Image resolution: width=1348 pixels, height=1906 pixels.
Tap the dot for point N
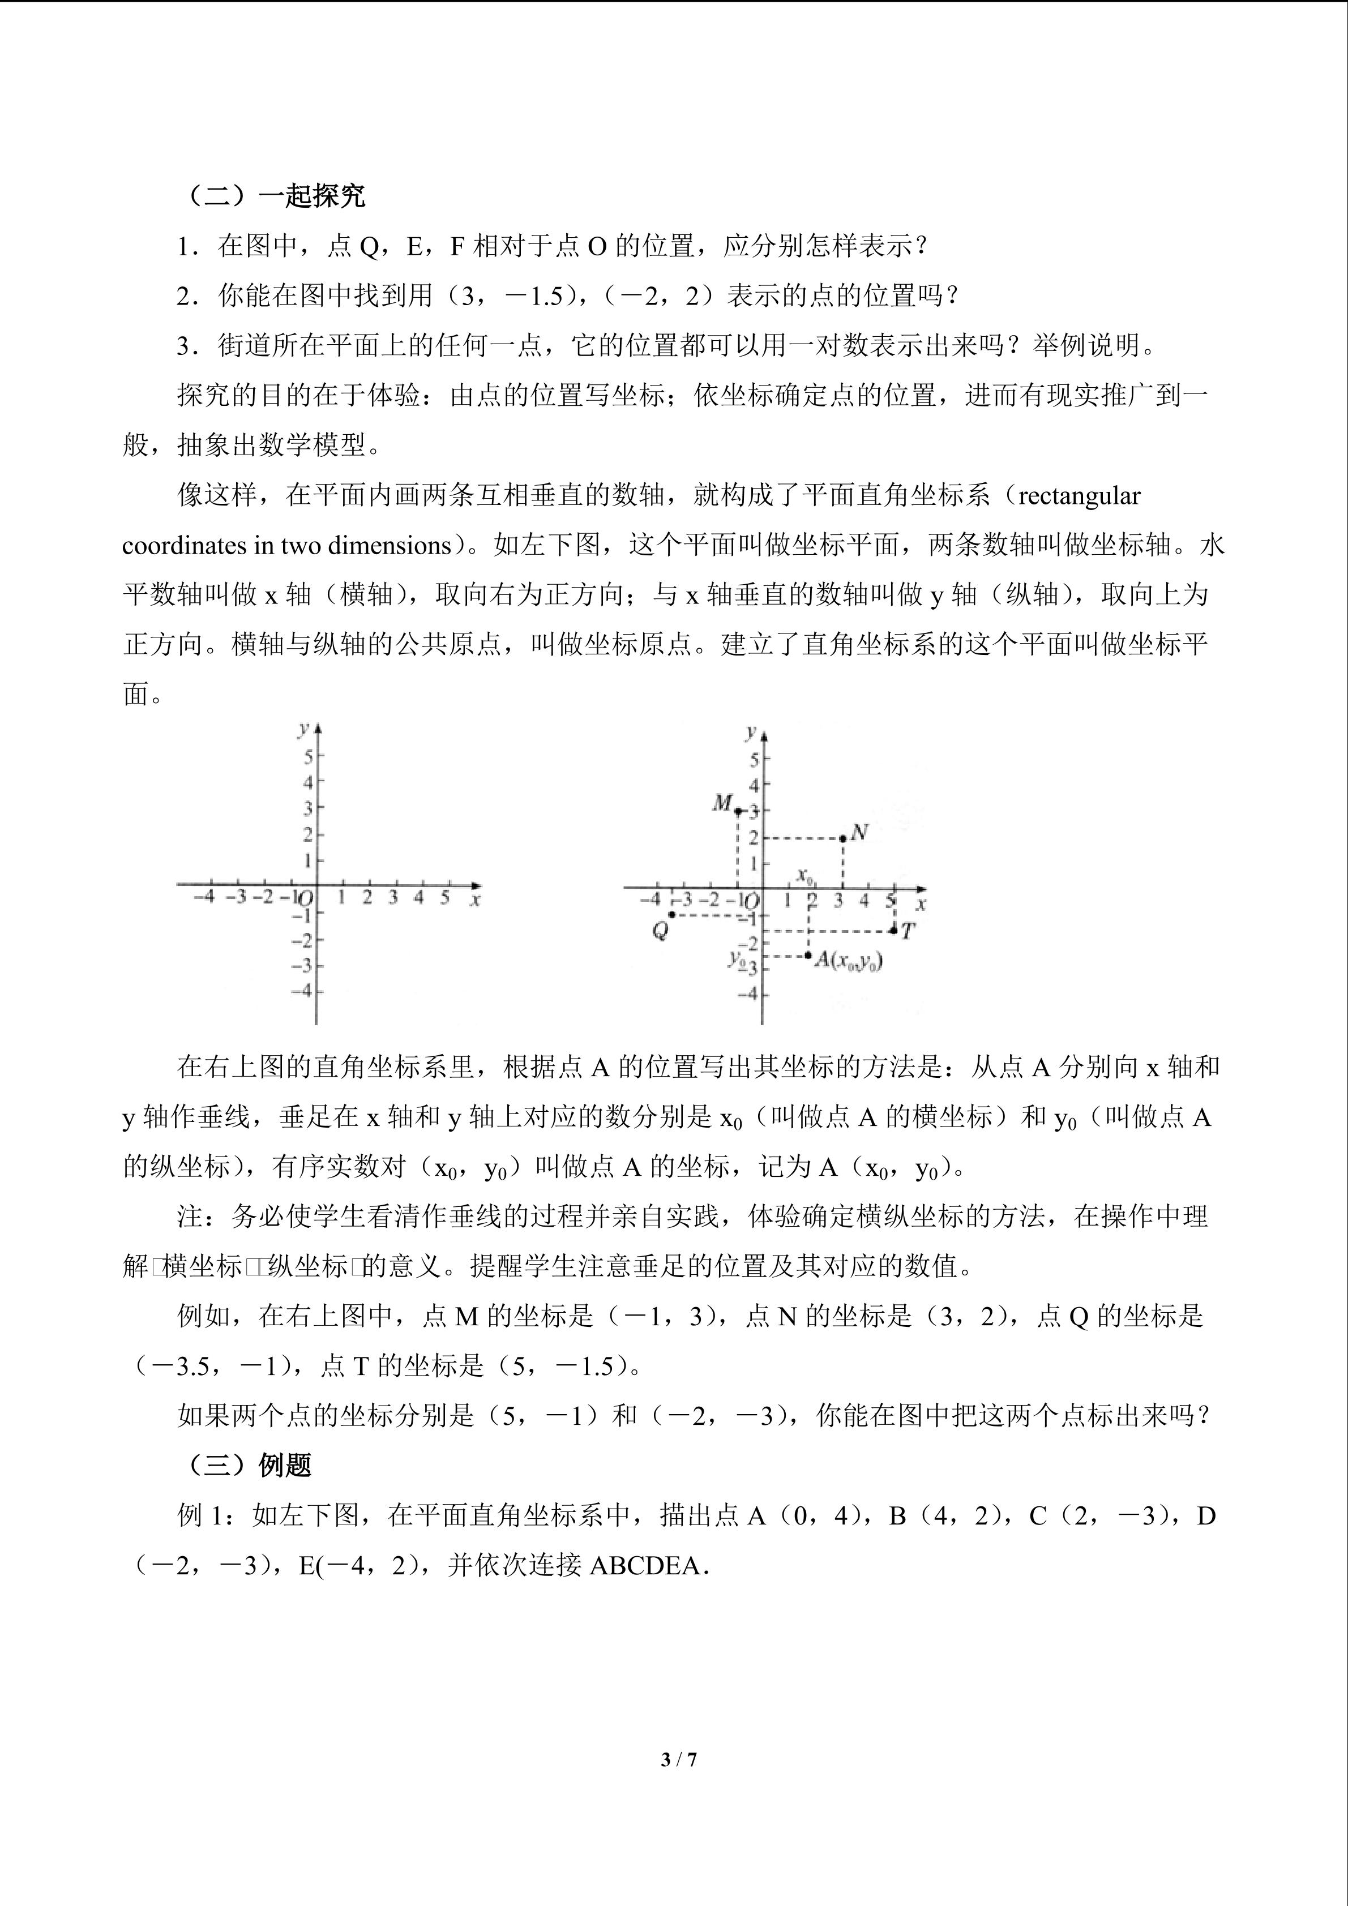842,838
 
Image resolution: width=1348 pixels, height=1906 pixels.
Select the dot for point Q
671,915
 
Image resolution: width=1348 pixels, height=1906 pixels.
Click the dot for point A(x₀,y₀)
808,956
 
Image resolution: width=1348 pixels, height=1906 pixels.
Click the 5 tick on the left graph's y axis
308,756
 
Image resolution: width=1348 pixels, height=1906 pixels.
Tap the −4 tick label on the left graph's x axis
203,897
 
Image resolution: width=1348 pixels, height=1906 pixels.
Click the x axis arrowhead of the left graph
475,884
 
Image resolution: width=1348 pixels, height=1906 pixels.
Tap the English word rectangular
1079,495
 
